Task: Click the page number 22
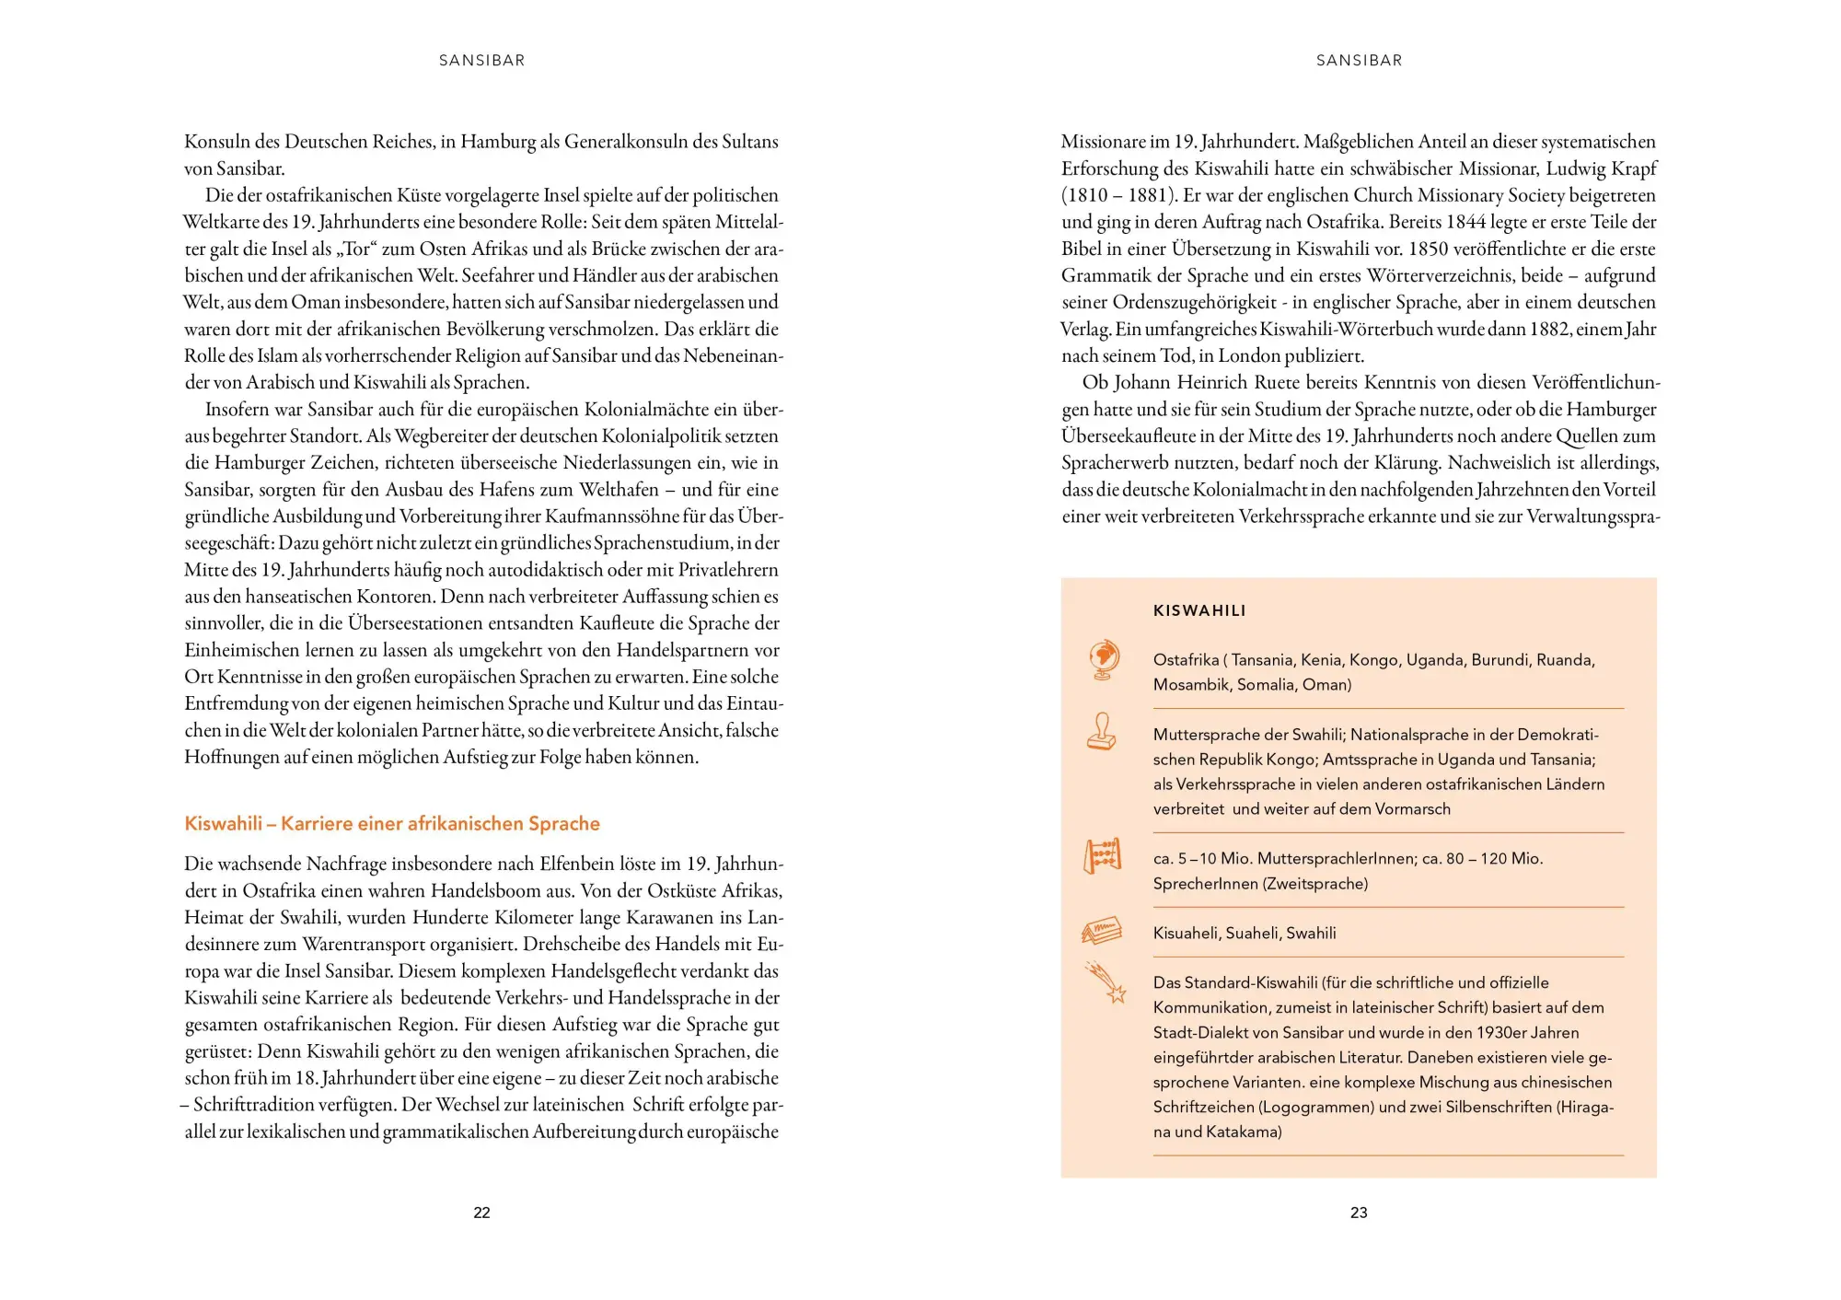point(481,1213)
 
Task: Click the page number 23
point(1359,1213)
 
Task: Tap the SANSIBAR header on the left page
point(481,61)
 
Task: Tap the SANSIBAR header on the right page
point(1359,61)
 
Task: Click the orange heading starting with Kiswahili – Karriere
point(392,823)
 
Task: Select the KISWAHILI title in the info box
point(1199,610)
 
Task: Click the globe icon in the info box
point(1103,659)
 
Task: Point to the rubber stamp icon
point(1102,732)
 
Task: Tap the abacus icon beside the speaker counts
point(1102,855)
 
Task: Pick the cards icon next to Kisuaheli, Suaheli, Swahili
point(1102,931)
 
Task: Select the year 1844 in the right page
point(1466,222)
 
